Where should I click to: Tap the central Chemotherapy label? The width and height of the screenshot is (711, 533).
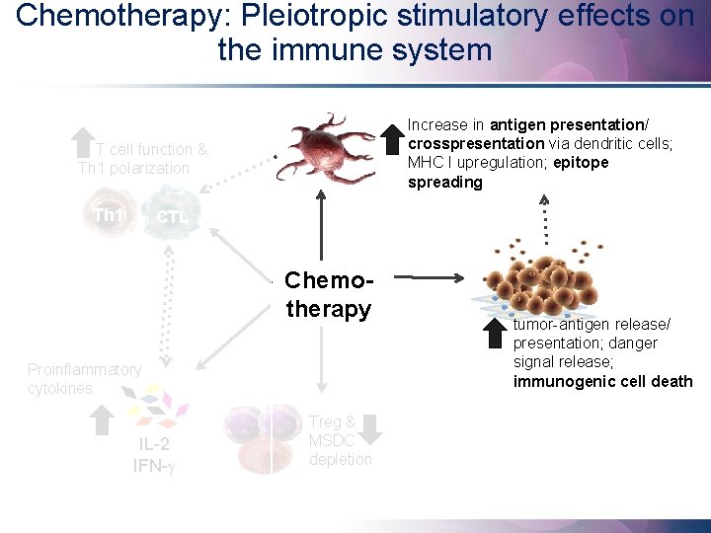coord(328,294)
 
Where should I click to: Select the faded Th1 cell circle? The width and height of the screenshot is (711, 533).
coord(107,215)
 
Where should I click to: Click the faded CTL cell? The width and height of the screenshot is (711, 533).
coord(169,215)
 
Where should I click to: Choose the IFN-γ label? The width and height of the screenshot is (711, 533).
coord(155,463)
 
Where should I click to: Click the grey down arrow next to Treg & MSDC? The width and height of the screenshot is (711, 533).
coord(371,427)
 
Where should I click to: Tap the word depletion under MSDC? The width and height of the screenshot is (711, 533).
coord(341,459)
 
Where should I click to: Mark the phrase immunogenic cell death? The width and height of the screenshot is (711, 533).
coord(602,381)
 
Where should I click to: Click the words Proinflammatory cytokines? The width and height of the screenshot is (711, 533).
coord(84,378)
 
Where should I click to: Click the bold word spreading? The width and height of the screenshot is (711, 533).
coord(445,182)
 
